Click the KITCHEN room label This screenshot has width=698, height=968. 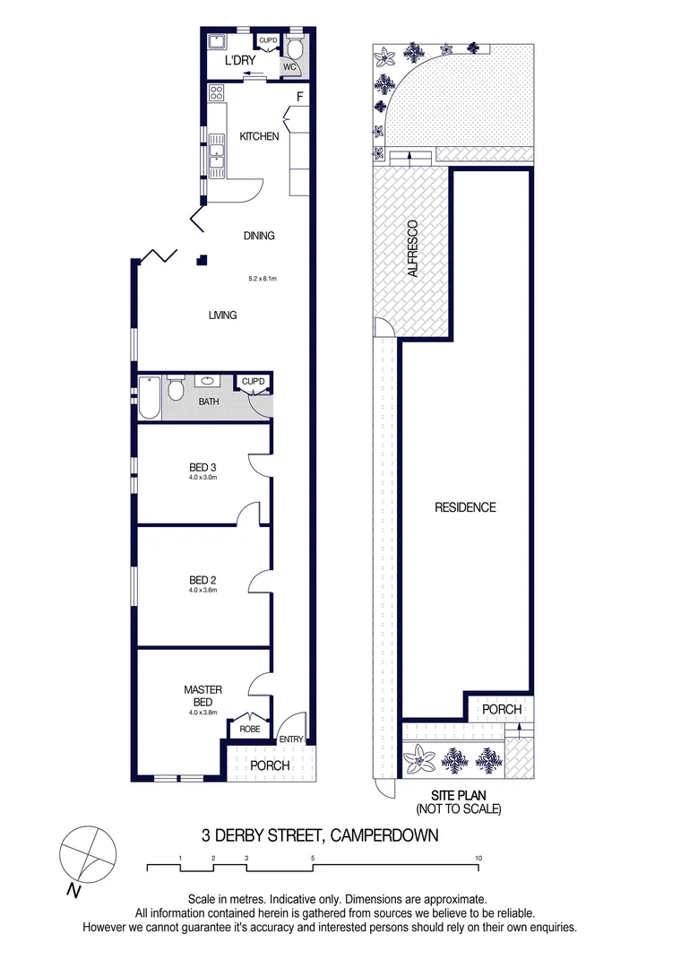[259, 137]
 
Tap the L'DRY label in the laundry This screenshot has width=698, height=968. [240, 60]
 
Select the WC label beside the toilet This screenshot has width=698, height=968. [289, 66]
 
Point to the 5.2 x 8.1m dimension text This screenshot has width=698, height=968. [263, 280]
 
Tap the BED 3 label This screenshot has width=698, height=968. [203, 467]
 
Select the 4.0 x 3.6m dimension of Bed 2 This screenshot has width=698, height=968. [203, 590]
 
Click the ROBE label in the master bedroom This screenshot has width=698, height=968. [250, 730]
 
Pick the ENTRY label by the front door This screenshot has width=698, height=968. [292, 739]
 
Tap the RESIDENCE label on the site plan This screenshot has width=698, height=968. [465, 507]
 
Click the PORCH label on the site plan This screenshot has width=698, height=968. [502, 709]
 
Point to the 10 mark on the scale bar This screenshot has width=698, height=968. [478, 859]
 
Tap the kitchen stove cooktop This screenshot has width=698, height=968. [216, 92]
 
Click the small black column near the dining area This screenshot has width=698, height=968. [203, 261]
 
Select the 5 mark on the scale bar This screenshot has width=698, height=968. [313, 859]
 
